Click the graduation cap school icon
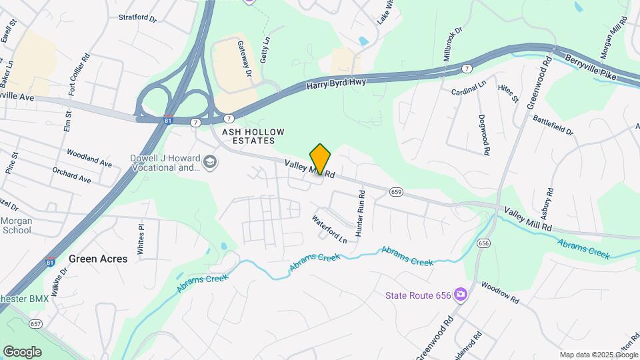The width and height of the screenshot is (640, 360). [x=211, y=163]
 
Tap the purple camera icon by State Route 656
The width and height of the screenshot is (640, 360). [x=460, y=294]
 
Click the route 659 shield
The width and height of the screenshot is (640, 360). [x=397, y=192]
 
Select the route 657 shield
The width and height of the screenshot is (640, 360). [x=36, y=323]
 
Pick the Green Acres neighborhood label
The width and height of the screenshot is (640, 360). [x=98, y=259]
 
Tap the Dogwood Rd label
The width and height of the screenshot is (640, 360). [x=485, y=135]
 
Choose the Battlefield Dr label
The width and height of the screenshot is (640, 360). [x=553, y=124]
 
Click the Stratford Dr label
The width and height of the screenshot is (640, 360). [x=137, y=17]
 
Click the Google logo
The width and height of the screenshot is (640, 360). [x=22, y=352]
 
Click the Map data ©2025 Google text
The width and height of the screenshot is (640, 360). [x=598, y=355]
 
